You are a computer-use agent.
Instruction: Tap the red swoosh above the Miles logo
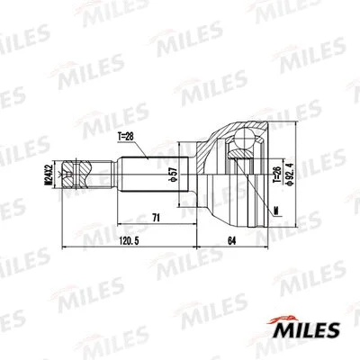pos(283,317)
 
